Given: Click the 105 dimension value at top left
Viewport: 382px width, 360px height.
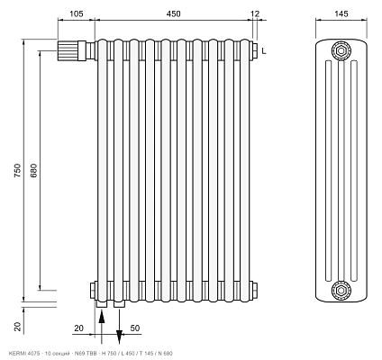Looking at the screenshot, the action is (77, 13).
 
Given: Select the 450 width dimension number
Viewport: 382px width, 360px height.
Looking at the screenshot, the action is (174, 13).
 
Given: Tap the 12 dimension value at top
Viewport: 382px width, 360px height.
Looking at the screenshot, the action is (254, 13).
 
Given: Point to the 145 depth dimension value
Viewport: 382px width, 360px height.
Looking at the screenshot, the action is (341, 13).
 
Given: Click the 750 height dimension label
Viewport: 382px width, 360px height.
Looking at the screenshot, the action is (18, 170).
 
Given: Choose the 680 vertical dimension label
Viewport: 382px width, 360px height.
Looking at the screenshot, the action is (33, 170).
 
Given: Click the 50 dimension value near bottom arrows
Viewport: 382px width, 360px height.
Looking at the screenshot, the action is (135, 328).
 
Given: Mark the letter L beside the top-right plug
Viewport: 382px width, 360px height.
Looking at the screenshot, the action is (264, 51).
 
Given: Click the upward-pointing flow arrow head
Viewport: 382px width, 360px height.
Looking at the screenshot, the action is (102, 317).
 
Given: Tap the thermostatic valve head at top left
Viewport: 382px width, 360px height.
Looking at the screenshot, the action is (68, 51).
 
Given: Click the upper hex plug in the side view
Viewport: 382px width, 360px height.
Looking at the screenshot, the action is (341, 51).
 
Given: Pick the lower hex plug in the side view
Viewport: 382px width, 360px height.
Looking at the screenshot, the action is (341, 290).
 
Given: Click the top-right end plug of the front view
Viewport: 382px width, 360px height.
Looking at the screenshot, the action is (254, 49).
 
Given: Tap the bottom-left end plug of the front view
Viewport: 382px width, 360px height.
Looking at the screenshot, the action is (92, 291).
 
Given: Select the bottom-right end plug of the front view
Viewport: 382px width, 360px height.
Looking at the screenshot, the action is (254, 291).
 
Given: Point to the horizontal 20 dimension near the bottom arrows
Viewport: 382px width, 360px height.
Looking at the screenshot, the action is (78, 328).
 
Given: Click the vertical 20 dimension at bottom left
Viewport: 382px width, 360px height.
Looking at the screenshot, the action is (18, 327).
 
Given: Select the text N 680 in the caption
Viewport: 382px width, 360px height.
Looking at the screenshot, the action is (165, 354).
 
